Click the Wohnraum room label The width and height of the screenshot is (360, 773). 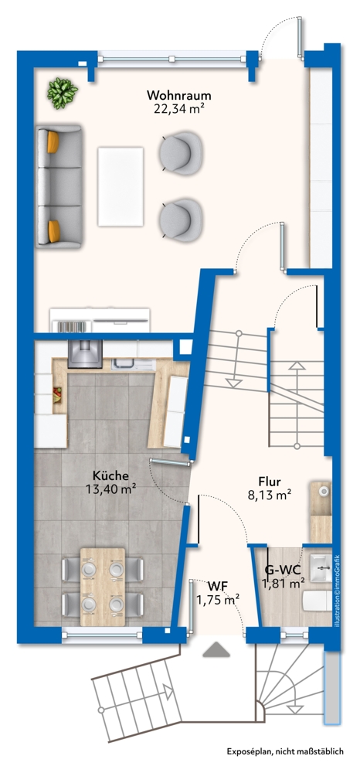[x=179, y=95]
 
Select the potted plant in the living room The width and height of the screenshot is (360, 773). [x=62, y=93]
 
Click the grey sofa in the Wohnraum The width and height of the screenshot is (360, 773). [x=59, y=187]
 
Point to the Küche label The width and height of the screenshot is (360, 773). [x=111, y=475]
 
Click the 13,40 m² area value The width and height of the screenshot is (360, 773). [x=111, y=488]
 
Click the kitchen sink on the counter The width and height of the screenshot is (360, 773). [x=125, y=361]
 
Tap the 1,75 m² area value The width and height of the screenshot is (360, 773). [x=217, y=598]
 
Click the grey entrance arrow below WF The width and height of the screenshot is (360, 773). [x=216, y=651]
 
